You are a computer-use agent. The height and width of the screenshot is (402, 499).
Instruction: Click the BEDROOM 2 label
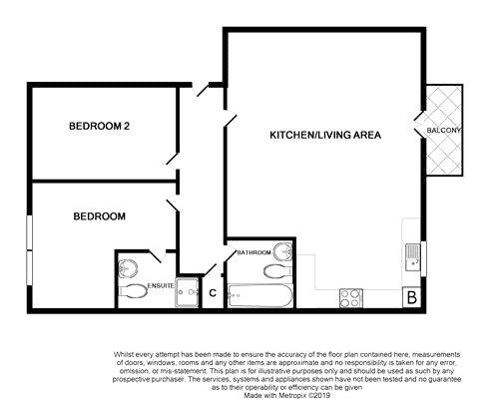(99, 126)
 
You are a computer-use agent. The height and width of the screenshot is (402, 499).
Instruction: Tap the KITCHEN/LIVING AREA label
(325, 135)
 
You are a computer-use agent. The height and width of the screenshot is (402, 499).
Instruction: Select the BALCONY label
(444, 131)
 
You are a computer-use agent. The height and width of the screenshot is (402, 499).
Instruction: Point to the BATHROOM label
(254, 252)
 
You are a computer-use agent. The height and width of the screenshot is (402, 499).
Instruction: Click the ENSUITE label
(161, 285)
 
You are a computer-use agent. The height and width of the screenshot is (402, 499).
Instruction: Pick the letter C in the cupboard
(213, 293)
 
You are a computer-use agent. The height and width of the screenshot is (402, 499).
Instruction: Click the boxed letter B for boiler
(412, 297)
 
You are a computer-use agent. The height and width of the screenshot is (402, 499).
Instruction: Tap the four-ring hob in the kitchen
(351, 298)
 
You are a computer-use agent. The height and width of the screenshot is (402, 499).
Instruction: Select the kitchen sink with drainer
(413, 257)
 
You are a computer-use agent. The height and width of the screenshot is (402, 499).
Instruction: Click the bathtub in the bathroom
(260, 295)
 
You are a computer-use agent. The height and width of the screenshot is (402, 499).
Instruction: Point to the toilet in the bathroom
(278, 271)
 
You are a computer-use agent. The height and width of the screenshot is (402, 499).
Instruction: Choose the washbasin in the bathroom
(283, 251)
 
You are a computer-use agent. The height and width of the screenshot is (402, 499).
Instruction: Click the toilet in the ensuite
(133, 292)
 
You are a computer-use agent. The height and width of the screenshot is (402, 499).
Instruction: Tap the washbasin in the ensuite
(128, 267)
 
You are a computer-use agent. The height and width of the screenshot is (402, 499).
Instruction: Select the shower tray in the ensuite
(188, 292)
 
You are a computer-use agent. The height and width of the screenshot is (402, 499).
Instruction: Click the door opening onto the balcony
(420, 125)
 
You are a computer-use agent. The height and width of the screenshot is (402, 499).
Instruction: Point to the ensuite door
(156, 256)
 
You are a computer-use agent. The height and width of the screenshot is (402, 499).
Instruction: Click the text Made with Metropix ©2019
(286, 396)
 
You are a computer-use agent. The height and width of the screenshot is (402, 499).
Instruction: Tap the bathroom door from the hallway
(231, 254)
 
